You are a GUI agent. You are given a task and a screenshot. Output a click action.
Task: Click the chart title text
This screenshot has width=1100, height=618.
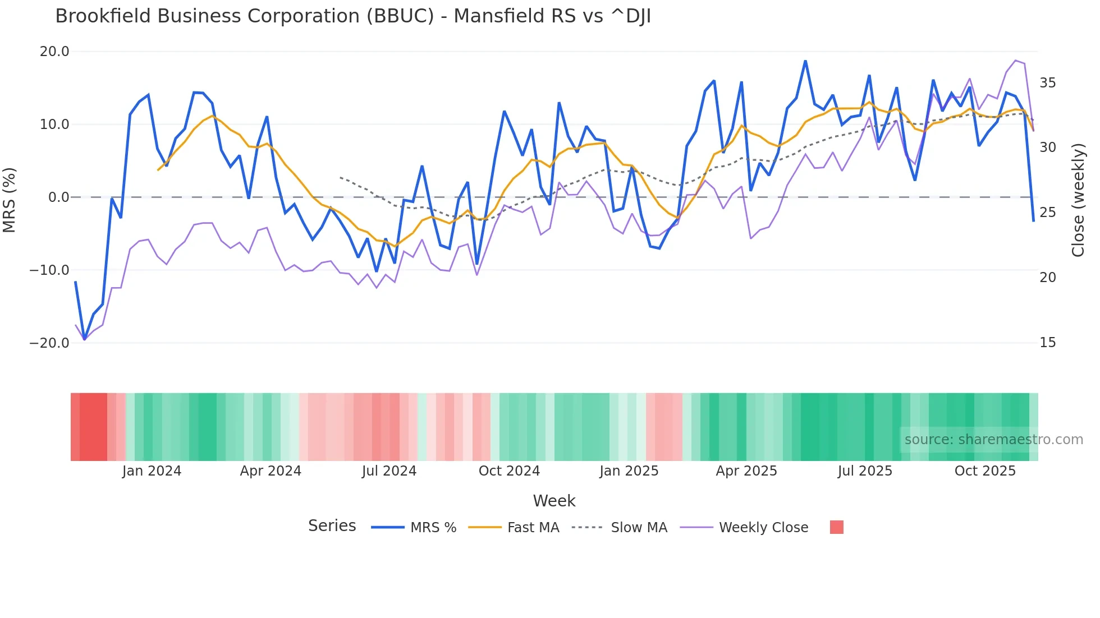[352, 16]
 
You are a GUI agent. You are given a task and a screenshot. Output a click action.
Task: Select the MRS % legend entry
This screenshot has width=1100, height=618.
[433, 528]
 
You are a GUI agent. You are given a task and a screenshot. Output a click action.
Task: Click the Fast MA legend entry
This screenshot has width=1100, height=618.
[533, 528]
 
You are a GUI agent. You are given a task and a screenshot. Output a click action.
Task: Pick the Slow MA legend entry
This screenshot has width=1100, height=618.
[639, 528]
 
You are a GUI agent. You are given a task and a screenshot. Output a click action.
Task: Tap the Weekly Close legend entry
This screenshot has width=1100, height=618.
[763, 528]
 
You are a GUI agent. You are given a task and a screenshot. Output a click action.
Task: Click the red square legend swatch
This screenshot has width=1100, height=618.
[836, 527]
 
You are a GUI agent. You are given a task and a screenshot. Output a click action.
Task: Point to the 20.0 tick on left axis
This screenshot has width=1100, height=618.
[54, 52]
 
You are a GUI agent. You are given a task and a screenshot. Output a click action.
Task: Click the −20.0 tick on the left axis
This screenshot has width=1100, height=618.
[49, 343]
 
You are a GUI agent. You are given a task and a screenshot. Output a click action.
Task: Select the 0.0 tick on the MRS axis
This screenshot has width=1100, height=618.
[58, 197]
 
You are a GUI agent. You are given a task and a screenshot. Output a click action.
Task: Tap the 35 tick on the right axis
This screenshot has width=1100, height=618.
[1047, 83]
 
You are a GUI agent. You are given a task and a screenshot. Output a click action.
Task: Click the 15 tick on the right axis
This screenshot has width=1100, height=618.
[1047, 343]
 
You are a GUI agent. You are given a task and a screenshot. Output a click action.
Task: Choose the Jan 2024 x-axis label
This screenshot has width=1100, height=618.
[152, 471]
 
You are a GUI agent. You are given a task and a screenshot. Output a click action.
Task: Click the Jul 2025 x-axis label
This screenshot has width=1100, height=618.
[865, 471]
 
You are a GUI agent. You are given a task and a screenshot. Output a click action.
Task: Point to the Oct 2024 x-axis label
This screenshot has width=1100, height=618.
[509, 471]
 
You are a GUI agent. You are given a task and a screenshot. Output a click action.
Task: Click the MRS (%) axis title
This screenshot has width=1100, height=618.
[10, 200]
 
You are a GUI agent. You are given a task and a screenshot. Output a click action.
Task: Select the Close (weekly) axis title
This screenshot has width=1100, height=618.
[1078, 200]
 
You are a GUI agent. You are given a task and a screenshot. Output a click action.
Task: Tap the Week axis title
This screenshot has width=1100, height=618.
[554, 501]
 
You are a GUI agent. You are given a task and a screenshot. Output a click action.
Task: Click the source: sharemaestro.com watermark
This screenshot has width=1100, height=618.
[993, 440]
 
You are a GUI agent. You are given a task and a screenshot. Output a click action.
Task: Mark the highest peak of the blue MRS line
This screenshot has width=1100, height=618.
[805, 61]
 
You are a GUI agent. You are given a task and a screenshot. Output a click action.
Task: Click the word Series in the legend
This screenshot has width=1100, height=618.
[332, 526]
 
